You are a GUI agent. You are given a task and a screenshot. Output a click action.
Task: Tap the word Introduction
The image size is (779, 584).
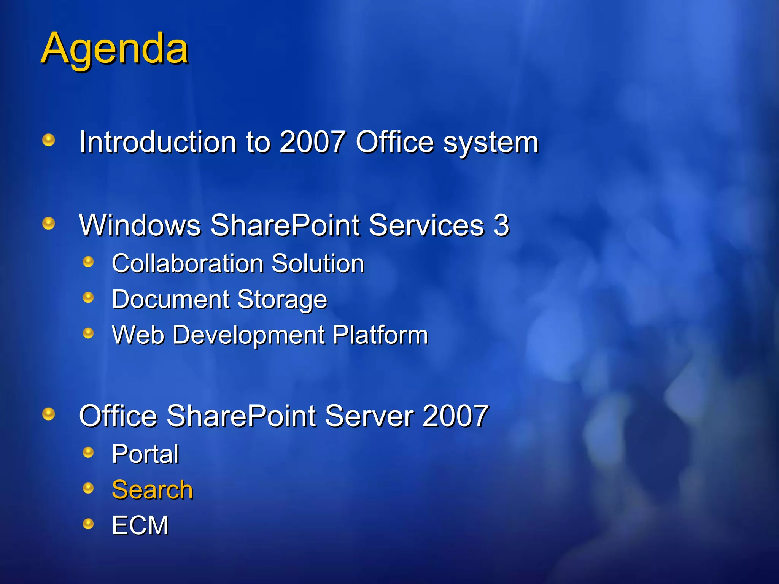click(x=157, y=142)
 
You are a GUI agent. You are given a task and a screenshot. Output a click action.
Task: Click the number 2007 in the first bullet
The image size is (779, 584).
click(x=312, y=142)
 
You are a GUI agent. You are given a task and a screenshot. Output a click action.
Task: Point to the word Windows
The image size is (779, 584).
click(x=140, y=225)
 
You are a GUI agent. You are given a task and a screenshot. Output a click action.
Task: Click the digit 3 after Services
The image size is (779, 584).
click(x=501, y=225)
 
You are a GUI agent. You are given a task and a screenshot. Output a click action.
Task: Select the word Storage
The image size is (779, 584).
click(x=282, y=300)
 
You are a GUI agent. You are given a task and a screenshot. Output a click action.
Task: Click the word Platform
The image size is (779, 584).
click(x=380, y=335)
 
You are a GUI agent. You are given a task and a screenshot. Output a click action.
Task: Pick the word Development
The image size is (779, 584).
click(x=248, y=335)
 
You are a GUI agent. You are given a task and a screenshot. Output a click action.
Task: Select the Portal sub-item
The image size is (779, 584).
click(x=145, y=454)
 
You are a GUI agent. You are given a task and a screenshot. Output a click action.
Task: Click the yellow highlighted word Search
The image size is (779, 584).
click(x=152, y=490)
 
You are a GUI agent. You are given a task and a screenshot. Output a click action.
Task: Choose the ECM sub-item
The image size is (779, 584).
click(x=140, y=525)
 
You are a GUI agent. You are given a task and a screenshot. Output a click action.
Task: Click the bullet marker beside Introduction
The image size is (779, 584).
click(x=48, y=140)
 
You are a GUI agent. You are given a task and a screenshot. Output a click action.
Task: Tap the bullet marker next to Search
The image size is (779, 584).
click(x=88, y=488)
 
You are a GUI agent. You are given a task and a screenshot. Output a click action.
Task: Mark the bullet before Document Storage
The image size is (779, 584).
click(x=88, y=297)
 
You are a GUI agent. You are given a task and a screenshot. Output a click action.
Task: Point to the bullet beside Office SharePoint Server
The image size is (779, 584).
click(x=48, y=414)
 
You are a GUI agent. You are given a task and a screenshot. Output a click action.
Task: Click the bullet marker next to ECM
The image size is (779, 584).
click(x=88, y=524)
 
